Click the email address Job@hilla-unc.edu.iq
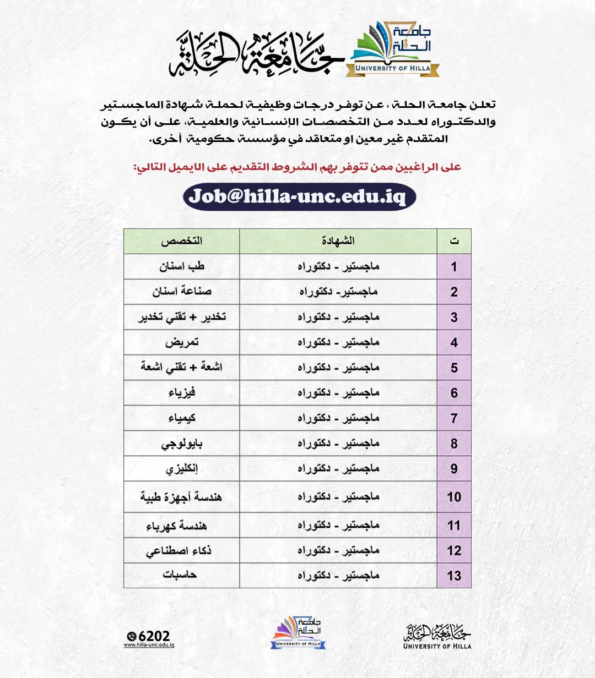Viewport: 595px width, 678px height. [x=299, y=196]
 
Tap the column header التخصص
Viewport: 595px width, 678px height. [x=181, y=241]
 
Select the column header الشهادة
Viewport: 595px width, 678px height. [x=338, y=241]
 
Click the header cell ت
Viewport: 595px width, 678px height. [x=454, y=241]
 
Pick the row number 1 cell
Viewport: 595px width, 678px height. [x=454, y=267]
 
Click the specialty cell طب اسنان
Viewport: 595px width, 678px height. [x=181, y=267]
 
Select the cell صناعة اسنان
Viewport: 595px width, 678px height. [x=181, y=292]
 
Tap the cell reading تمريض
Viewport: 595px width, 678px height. [x=181, y=342]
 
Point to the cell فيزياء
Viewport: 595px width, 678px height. [x=181, y=393]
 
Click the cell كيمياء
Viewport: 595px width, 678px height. [x=181, y=418]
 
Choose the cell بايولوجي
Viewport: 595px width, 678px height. [x=181, y=444]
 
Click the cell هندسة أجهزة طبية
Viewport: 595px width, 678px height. [x=181, y=497]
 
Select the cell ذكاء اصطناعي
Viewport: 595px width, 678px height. [x=181, y=550]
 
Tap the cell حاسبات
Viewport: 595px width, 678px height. [x=181, y=576]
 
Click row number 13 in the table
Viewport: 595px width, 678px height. [x=454, y=576]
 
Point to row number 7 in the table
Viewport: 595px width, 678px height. [x=454, y=419]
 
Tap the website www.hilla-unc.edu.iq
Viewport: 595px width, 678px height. [x=149, y=646]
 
